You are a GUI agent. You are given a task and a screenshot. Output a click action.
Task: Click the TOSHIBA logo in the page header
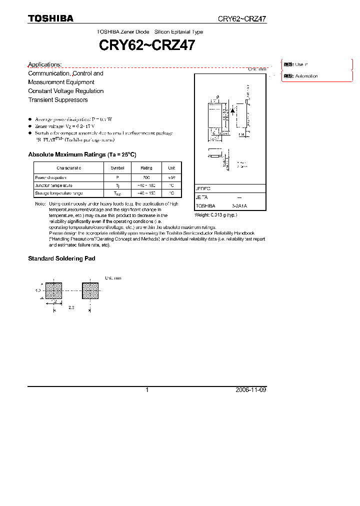point(50,18)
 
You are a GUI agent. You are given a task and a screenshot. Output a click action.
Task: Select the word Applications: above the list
point(45,64)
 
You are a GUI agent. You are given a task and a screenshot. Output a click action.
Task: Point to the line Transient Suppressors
point(58,100)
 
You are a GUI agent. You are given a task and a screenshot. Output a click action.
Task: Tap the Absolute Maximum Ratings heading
point(82,155)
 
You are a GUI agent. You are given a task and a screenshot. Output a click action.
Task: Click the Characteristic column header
point(69,168)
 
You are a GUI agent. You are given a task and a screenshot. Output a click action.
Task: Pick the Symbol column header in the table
point(117,168)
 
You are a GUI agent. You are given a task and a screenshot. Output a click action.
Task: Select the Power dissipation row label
point(50,177)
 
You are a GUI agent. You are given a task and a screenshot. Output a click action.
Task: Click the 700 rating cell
point(146,177)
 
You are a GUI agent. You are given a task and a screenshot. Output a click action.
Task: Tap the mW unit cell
point(171,177)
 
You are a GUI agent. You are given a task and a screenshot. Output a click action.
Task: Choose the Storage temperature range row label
point(58,193)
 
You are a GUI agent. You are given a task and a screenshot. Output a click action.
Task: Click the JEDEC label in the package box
point(203,189)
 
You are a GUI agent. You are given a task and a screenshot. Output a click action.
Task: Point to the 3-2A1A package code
point(239,206)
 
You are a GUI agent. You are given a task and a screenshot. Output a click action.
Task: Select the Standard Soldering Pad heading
point(61,258)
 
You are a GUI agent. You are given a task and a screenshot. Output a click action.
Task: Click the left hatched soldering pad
point(54,291)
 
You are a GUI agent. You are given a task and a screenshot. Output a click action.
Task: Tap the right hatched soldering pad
point(90,291)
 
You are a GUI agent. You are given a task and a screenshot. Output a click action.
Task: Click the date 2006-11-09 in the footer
point(250,390)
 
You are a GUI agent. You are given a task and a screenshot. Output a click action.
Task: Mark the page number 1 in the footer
point(147,390)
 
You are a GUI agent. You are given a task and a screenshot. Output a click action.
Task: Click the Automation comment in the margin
point(306,76)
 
